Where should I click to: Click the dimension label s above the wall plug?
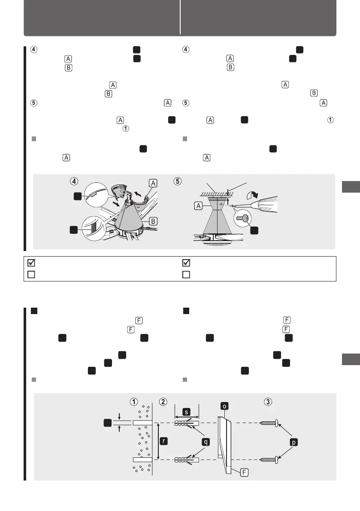point(187,411)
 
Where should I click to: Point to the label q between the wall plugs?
point(206,440)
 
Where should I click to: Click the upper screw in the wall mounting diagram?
point(269,423)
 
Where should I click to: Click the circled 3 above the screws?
point(268,402)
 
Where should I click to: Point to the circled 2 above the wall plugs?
point(163,402)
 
